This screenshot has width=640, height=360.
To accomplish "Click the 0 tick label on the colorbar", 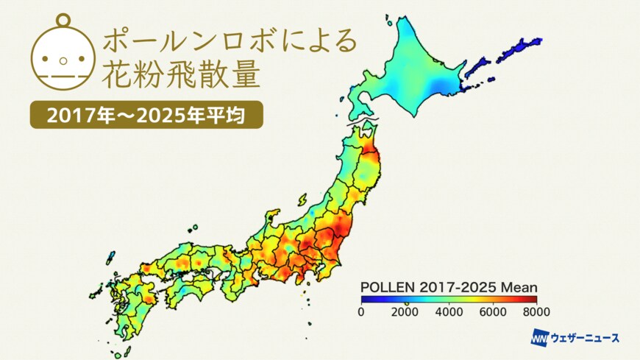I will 361,311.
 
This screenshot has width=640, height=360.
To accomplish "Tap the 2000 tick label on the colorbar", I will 405,311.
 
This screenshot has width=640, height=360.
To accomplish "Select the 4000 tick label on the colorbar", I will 449,311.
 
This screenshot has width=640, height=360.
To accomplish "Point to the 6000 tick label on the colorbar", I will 492,311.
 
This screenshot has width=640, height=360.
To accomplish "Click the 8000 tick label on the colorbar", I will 536,311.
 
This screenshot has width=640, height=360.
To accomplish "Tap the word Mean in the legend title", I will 519,286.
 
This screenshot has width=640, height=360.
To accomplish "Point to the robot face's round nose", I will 63,60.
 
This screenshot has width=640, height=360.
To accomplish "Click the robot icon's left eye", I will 46,59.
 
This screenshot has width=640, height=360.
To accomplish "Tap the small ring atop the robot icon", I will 63,18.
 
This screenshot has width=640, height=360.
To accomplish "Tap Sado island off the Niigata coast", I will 302,200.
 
